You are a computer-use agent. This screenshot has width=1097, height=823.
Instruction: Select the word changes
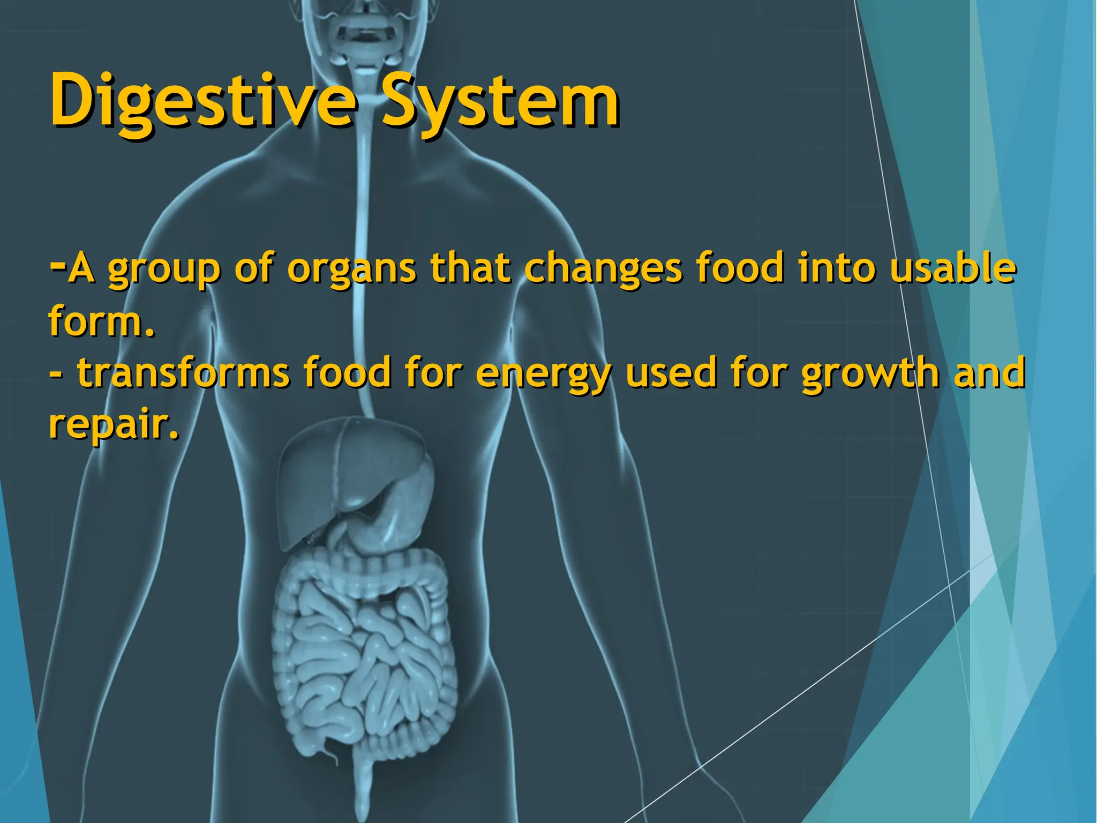603,269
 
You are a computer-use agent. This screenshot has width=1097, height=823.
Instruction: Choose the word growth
870,374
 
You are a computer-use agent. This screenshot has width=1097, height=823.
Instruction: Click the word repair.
112,425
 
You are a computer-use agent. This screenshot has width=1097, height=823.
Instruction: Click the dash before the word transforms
55,374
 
